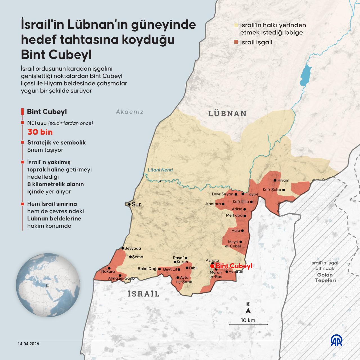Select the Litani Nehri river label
point(160,170)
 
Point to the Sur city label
point(136,204)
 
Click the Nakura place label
point(108,272)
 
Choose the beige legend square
point(236,25)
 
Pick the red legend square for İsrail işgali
point(236,42)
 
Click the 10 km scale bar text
point(248,320)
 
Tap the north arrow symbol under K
point(248,311)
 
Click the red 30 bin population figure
point(40,132)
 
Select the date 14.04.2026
point(28,344)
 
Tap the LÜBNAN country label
point(227,114)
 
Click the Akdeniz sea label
point(130,112)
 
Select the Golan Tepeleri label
point(325,278)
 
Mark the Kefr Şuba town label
point(272,190)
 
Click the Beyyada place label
point(132,248)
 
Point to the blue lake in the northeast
point(305,73)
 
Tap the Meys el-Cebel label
point(233,244)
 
